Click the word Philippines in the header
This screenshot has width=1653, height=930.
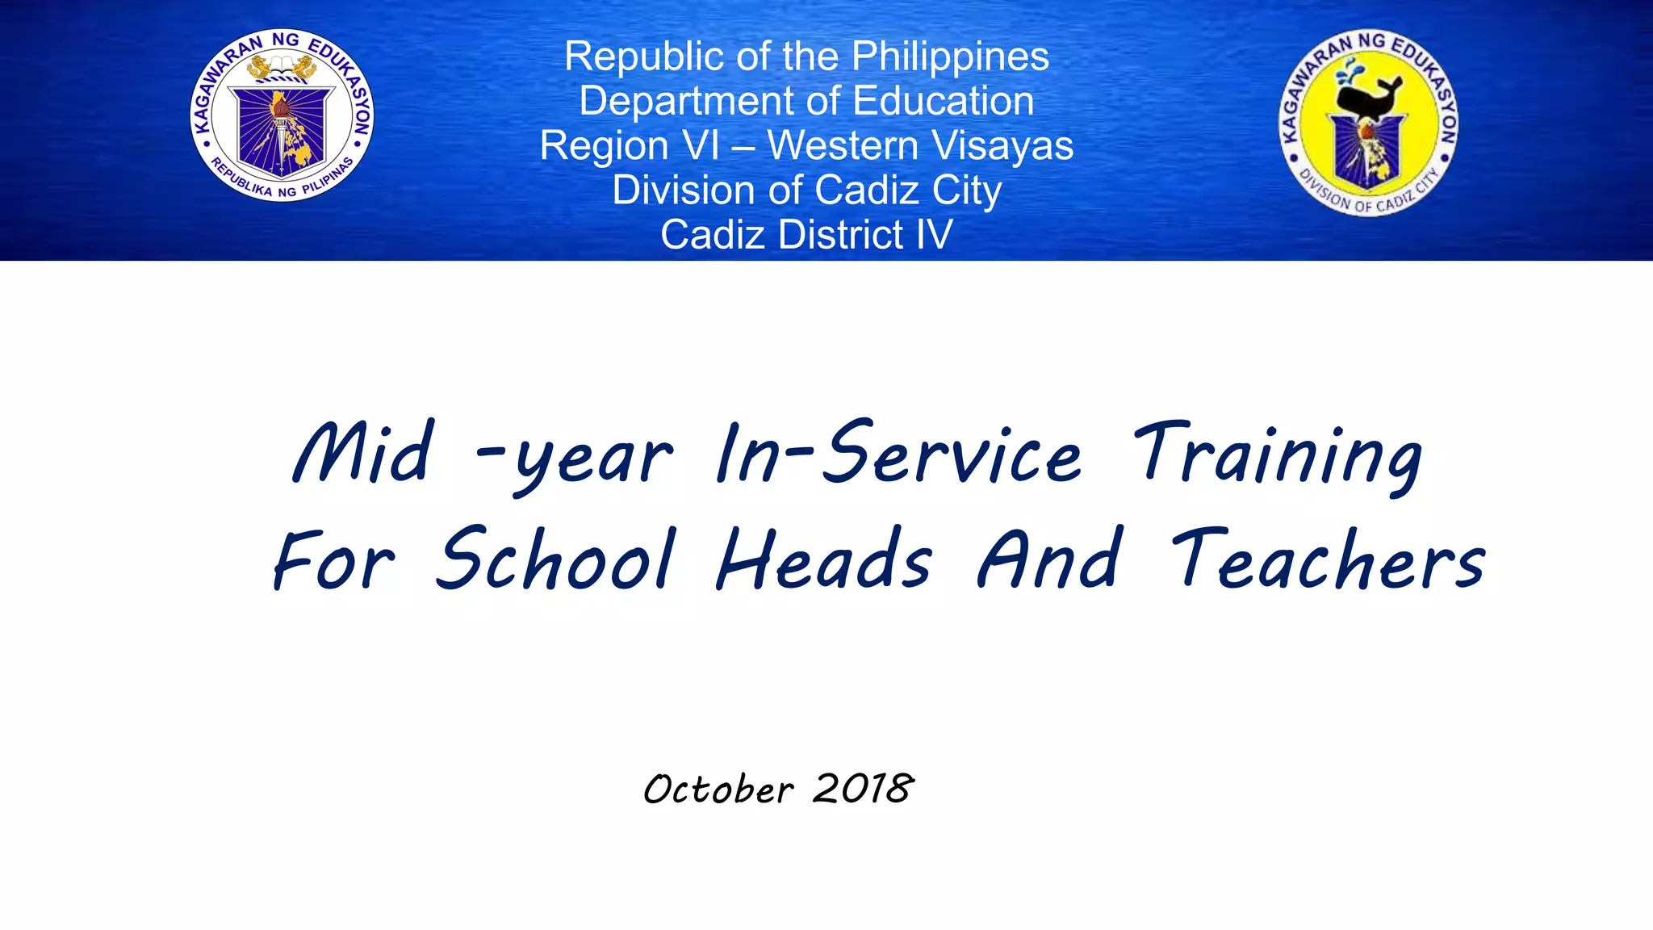[950, 57]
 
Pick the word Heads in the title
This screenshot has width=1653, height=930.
[823, 559]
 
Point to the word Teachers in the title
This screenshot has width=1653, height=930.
[1328, 559]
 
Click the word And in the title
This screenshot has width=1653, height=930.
[1049, 559]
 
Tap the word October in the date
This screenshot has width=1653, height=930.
[718, 789]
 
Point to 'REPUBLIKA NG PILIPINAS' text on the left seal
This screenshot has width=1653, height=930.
[282, 182]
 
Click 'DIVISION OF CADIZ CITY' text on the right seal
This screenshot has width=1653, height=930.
[1367, 199]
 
